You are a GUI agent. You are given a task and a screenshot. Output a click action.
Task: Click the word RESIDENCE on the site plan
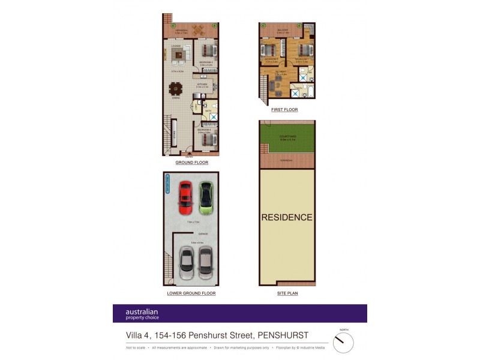287,217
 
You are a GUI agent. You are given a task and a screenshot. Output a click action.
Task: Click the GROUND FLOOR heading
191,163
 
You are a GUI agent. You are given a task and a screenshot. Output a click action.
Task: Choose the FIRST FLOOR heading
284,110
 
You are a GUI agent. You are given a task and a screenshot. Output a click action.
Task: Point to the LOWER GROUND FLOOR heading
191,293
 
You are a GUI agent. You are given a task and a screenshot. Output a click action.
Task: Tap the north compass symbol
343,342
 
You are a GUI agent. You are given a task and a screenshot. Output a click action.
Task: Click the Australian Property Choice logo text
142,314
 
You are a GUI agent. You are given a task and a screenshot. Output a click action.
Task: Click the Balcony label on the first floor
283,29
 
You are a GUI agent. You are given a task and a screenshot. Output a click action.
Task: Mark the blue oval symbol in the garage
168,185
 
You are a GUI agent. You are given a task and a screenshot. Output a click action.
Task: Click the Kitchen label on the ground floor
202,85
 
